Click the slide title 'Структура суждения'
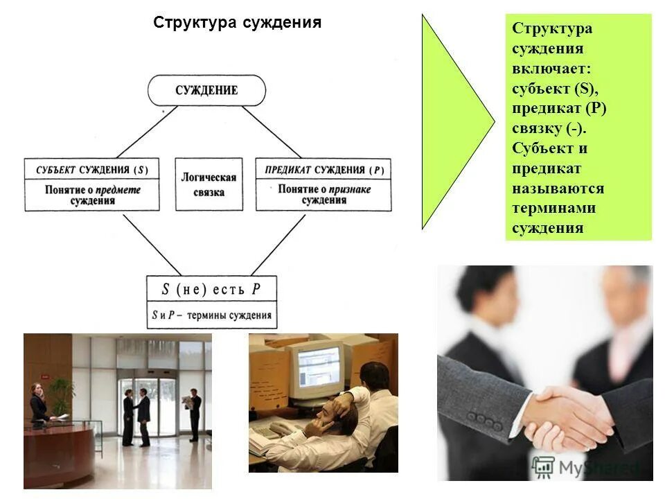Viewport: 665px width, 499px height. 237,22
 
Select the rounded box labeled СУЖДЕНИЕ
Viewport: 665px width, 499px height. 206,90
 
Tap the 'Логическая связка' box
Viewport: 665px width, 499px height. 209,184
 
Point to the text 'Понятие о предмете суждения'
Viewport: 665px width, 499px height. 92,195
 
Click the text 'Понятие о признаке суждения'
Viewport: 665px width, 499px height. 323,195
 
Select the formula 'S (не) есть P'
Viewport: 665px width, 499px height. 211,289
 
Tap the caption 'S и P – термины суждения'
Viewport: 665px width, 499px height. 211,315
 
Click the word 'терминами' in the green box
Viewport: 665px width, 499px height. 553,208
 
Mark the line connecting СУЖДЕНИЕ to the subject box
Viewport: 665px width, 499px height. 142,132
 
